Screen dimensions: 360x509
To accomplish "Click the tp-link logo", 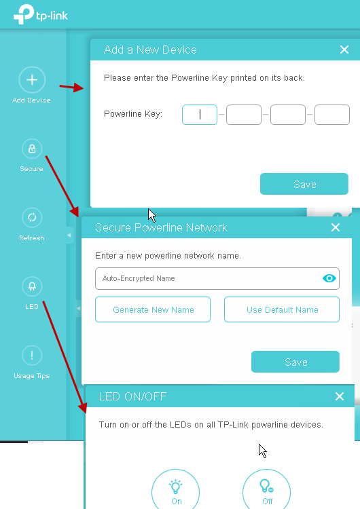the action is tap(41, 14).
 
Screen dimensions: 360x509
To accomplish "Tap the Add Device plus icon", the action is tap(32, 80).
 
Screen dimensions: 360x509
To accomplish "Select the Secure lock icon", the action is tap(32, 149).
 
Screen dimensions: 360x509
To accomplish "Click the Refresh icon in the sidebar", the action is tap(32, 217).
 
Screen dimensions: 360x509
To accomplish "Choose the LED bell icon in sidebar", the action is tap(32, 286).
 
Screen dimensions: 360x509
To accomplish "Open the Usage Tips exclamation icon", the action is tap(32, 356).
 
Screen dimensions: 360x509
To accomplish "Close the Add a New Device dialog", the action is tap(344, 50).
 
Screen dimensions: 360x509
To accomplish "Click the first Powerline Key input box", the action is tap(200, 115).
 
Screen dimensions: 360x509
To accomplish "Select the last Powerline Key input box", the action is tap(332, 115).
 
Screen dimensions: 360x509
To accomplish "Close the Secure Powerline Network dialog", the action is tap(336, 227).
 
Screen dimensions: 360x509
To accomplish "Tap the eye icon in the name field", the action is tap(329, 278).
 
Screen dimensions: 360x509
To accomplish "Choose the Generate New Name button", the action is tap(153, 309).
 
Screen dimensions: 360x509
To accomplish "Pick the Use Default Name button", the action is tap(282, 309).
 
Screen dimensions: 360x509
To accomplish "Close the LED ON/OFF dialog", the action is tap(340, 396).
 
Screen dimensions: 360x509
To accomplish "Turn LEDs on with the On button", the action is tap(175, 491).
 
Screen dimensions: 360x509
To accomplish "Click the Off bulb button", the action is tap(266, 491).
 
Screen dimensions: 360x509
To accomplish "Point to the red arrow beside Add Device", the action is tap(71, 88).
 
